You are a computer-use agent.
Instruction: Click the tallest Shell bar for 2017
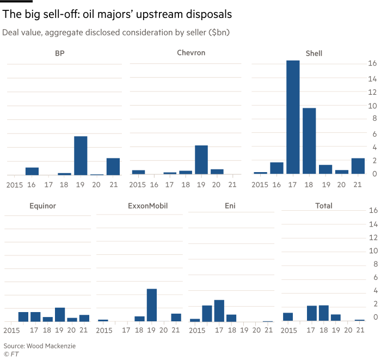[293, 117]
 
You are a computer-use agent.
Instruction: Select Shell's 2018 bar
[309, 141]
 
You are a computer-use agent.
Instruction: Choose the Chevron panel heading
[190, 53]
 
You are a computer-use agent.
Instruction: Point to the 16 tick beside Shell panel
[372, 64]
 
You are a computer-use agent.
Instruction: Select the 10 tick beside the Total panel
[372, 251]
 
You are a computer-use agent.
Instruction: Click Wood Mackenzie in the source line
[54, 346]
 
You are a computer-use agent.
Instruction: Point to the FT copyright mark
[11, 354]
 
